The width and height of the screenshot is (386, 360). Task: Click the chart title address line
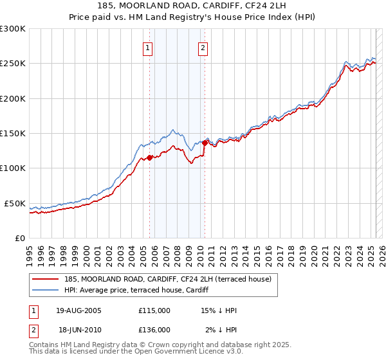click(193, 6)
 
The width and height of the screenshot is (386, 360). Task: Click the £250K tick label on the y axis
click(12, 64)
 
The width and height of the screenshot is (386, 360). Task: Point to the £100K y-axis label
click(12, 168)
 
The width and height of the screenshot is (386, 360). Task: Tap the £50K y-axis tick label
click(15, 203)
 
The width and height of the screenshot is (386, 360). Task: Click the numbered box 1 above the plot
click(148, 47)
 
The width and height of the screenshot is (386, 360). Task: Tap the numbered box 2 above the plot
click(203, 47)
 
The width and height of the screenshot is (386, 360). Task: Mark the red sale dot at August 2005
click(149, 157)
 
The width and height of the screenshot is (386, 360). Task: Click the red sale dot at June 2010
click(205, 143)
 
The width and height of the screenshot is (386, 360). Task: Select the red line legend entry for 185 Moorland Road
click(170, 278)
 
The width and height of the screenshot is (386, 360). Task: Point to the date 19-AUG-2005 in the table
click(79, 310)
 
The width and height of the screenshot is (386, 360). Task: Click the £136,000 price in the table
click(154, 329)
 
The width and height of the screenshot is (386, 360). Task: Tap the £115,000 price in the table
click(154, 310)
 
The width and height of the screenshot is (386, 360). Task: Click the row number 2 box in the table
click(33, 329)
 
